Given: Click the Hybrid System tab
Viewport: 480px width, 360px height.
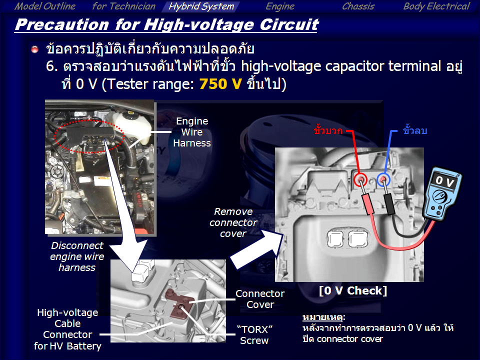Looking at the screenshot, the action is pos(201,6).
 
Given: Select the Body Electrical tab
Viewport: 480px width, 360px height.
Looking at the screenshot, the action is pos(436,6).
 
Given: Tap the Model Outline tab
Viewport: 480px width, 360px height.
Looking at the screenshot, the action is pos(45,6).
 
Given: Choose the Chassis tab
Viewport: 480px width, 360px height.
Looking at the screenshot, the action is pos(358,6).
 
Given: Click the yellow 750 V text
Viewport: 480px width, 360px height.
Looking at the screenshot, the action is pos(220,84).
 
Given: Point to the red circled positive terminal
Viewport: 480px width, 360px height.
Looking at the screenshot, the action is pos(360,179).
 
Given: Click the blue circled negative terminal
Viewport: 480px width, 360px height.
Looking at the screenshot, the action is pos(383,179).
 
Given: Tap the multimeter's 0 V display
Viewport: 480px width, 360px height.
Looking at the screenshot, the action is pos(444,181).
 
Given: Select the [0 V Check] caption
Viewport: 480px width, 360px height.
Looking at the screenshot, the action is pos(352,290).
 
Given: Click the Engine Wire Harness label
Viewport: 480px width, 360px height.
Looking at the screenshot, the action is pos(192,132).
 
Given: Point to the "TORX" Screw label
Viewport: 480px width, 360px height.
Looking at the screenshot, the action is pos(254,335).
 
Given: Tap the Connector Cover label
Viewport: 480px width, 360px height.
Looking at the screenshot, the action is pos(260,299).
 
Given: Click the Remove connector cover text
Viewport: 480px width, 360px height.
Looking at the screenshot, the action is pos(233,222).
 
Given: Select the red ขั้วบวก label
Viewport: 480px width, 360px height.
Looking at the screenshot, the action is pos(328,130).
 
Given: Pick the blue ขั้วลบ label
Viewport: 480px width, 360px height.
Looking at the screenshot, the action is pos(415,130).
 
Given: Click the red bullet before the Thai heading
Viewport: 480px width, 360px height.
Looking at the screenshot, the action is pos(35,49).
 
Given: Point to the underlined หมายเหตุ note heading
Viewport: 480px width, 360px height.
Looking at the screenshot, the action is pos(324,317).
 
